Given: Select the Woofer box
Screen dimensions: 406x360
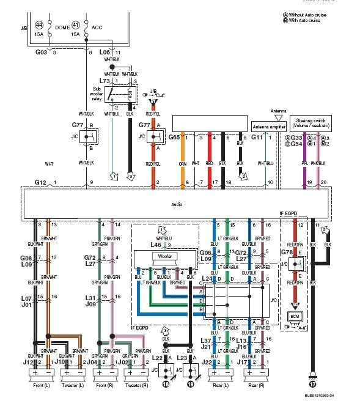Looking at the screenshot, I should [164, 256].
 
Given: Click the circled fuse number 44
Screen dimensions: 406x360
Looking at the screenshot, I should [39, 24].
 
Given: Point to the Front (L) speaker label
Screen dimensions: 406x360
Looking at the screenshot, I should [43, 386].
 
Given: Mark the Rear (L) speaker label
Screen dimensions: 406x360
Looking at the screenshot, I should [222, 386].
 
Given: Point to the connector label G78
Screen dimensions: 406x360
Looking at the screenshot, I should [287, 252].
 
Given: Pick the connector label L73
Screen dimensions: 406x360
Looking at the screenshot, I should [105, 80].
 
